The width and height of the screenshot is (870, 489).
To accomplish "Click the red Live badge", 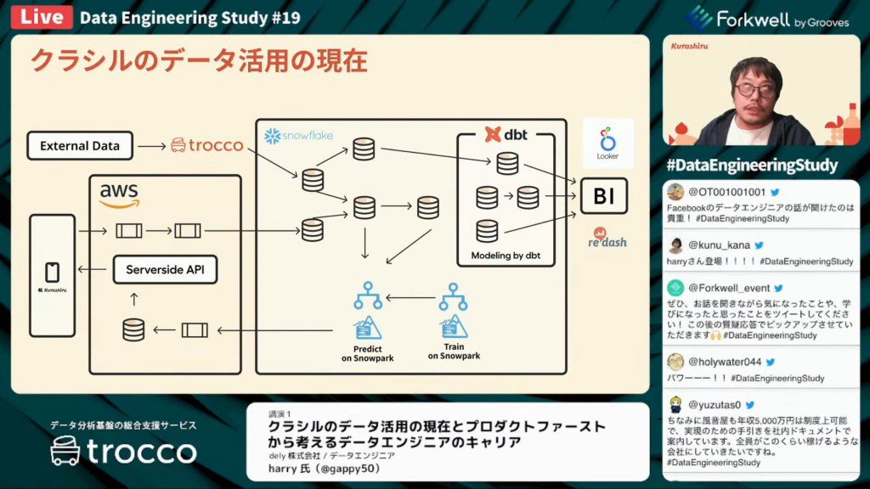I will tap(39, 16).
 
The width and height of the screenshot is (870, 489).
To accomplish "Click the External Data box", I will tap(79, 145).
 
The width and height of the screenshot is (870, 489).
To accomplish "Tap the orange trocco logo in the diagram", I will tap(207, 145).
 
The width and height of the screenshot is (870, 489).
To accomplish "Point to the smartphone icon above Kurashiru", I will tap(52, 272).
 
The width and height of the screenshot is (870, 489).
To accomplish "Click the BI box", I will tap(603, 196).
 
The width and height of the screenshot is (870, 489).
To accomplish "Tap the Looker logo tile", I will tap(607, 143).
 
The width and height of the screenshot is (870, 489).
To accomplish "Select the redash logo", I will tap(607, 238).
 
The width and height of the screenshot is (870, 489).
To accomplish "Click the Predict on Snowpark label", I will tap(368, 353).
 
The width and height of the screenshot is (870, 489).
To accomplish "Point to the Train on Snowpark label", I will tap(454, 351).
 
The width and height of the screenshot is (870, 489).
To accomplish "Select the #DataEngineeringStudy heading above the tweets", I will tap(752, 165).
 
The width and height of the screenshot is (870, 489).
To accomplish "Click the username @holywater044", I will tap(725, 362).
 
